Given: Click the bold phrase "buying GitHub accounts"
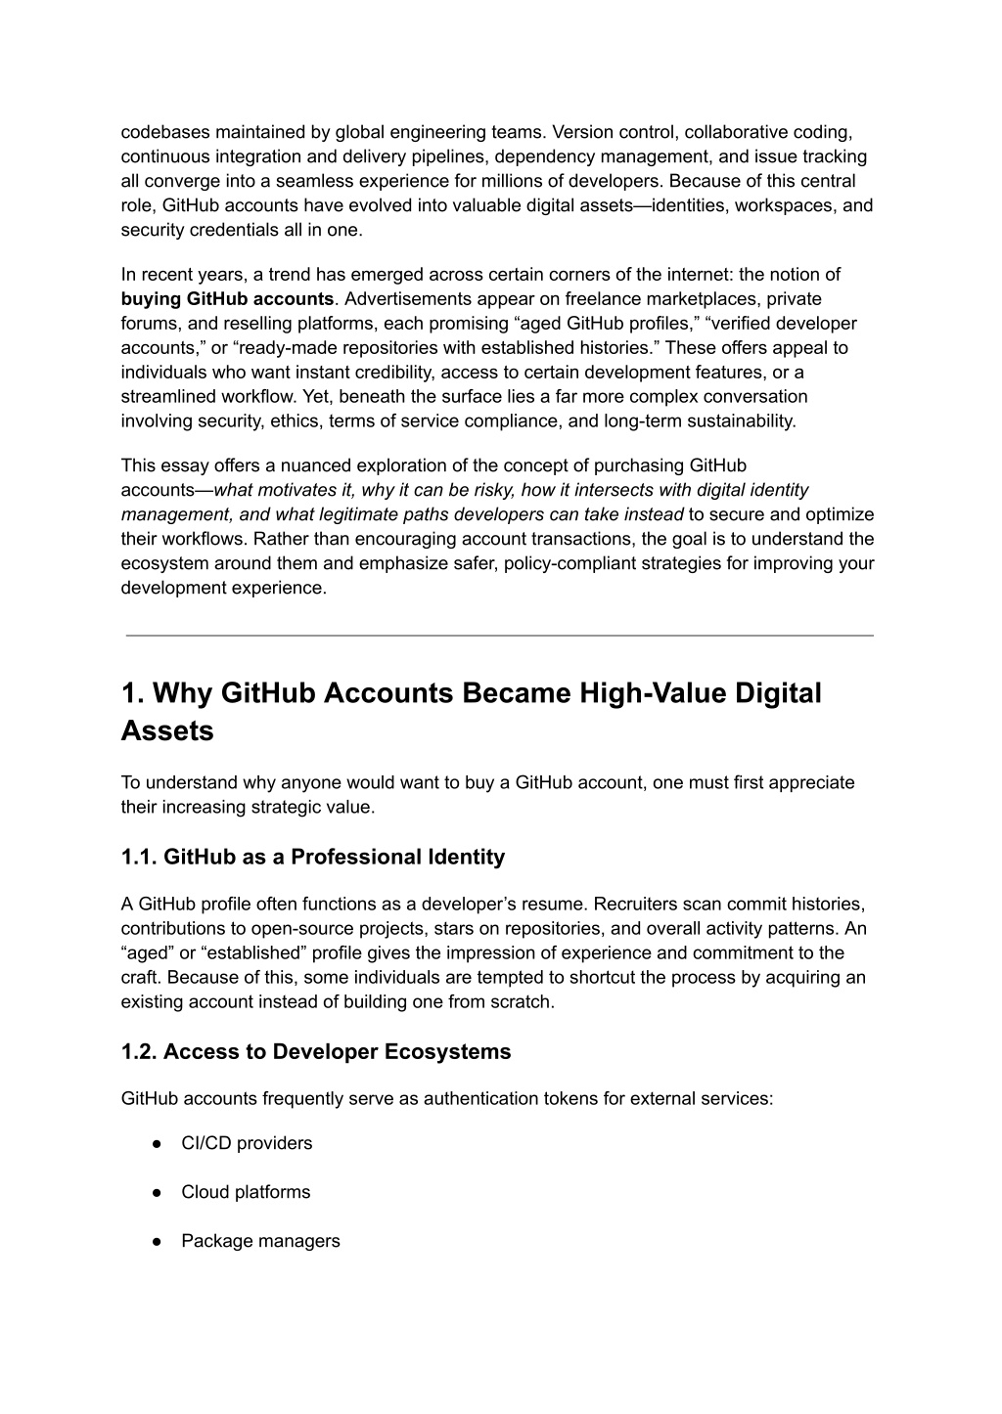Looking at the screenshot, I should pyautogui.click(x=227, y=298).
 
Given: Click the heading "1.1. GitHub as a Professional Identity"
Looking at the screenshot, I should pyautogui.click(x=313, y=857).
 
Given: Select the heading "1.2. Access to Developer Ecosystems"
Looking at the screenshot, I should pyautogui.click(x=316, y=1051).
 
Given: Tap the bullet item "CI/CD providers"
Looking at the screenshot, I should pyautogui.click(x=247, y=1143).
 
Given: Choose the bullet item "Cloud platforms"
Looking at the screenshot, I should pyautogui.click(x=246, y=1192).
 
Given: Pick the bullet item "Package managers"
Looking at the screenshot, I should pyautogui.click(x=260, y=1241).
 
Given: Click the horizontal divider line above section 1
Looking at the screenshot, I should pyautogui.click(x=499, y=636).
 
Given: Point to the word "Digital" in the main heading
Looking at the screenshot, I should pyautogui.click(x=774, y=693).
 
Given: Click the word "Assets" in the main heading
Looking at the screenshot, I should pyautogui.click(x=167, y=730).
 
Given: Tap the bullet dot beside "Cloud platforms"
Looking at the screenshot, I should pyautogui.click(x=157, y=1192).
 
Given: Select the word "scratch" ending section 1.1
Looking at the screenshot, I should pyautogui.click(x=524, y=1001).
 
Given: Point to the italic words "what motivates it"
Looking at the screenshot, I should pyautogui.click(x=276, y=490).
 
